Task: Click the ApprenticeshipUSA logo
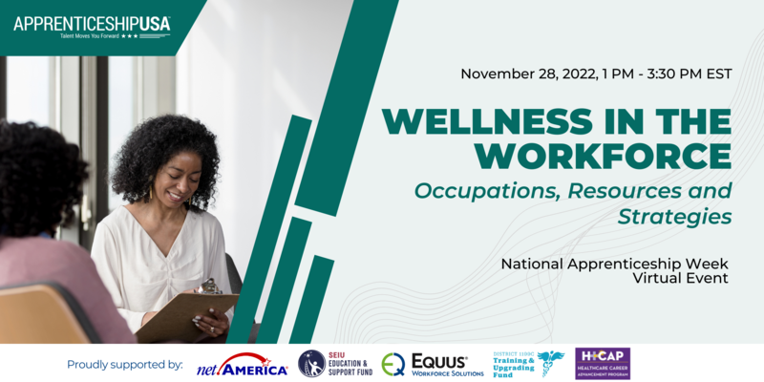92,25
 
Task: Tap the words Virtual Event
682,279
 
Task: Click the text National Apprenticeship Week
616,263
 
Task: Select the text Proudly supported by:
124,364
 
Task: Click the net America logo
242,366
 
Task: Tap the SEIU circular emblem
310,364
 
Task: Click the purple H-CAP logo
602,364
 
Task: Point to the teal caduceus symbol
551,364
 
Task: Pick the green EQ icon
393,364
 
